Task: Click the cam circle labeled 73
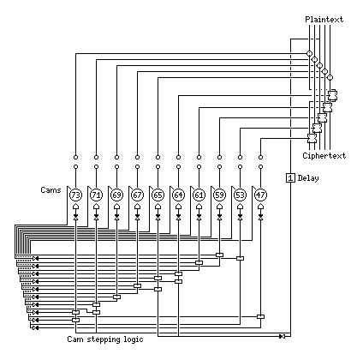pos(75,195)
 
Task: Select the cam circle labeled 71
pos(96,195)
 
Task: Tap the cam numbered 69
pos(116,195)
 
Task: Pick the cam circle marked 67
pos(137,195)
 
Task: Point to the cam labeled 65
pos(158,195)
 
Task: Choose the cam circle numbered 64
pos(178,195)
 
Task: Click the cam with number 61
pos(199,195)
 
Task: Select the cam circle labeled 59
pos(219,195)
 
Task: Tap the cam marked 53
pos(240,195)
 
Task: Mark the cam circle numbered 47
pos(260,195)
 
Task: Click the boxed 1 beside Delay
pos(290,178)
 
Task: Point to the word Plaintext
pos(324,20)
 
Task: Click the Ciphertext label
pos(324,156)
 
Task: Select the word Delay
pos(308,178)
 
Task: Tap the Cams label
pos(51,190)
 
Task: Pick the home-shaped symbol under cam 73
pos(75,207)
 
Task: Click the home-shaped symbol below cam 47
pos(260,207)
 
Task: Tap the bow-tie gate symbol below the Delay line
pos(282,337)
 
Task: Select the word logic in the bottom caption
pos(134,339)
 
